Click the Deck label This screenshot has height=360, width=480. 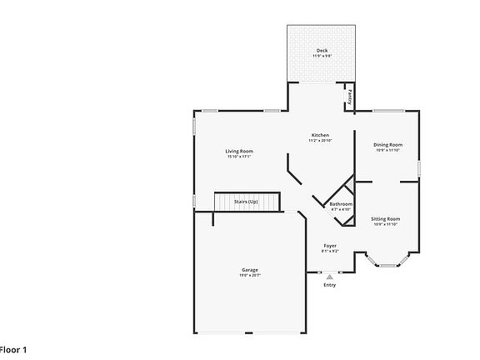point(321,51)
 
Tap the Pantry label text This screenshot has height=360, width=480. point(350,97)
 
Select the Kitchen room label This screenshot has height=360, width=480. point(320,135)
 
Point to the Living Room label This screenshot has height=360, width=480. point(238,151)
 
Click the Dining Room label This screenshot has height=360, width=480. point(387,145)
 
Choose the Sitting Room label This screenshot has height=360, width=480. point(385,218)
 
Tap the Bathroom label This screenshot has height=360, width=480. point(341,204)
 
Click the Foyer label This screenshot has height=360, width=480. point(330,246)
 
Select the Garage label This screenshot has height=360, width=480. point(249,270)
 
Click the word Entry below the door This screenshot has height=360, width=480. point(330,285)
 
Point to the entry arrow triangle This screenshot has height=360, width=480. point(330,276)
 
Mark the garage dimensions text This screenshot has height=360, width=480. point(249,275)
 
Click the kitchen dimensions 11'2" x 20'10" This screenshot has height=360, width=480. point(320,140)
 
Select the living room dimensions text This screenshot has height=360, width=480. point(238,156)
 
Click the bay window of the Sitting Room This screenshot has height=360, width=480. point(388,264)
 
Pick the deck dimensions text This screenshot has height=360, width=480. point(321,56)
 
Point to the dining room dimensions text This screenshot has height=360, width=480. point(387,150)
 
